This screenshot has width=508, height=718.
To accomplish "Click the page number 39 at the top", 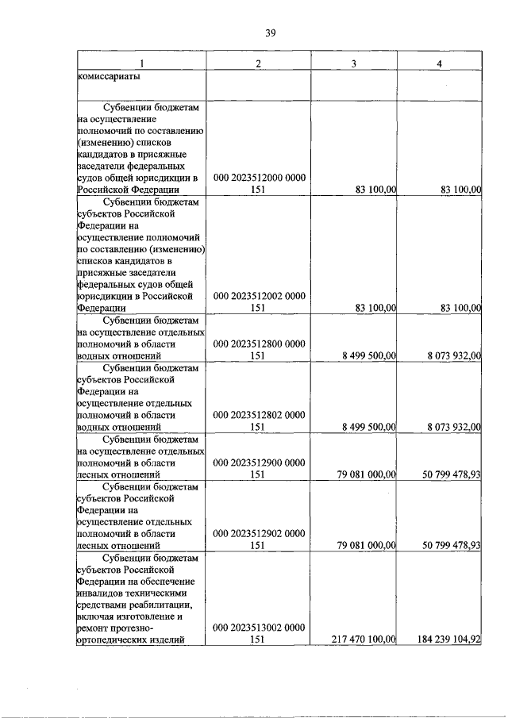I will pyautogui.click(x=270, y=33).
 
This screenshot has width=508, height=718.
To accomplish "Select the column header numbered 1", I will pyautogui.click(x=141, y=63).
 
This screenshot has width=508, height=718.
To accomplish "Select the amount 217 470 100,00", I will pyautogui.click(x=361, y=639).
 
